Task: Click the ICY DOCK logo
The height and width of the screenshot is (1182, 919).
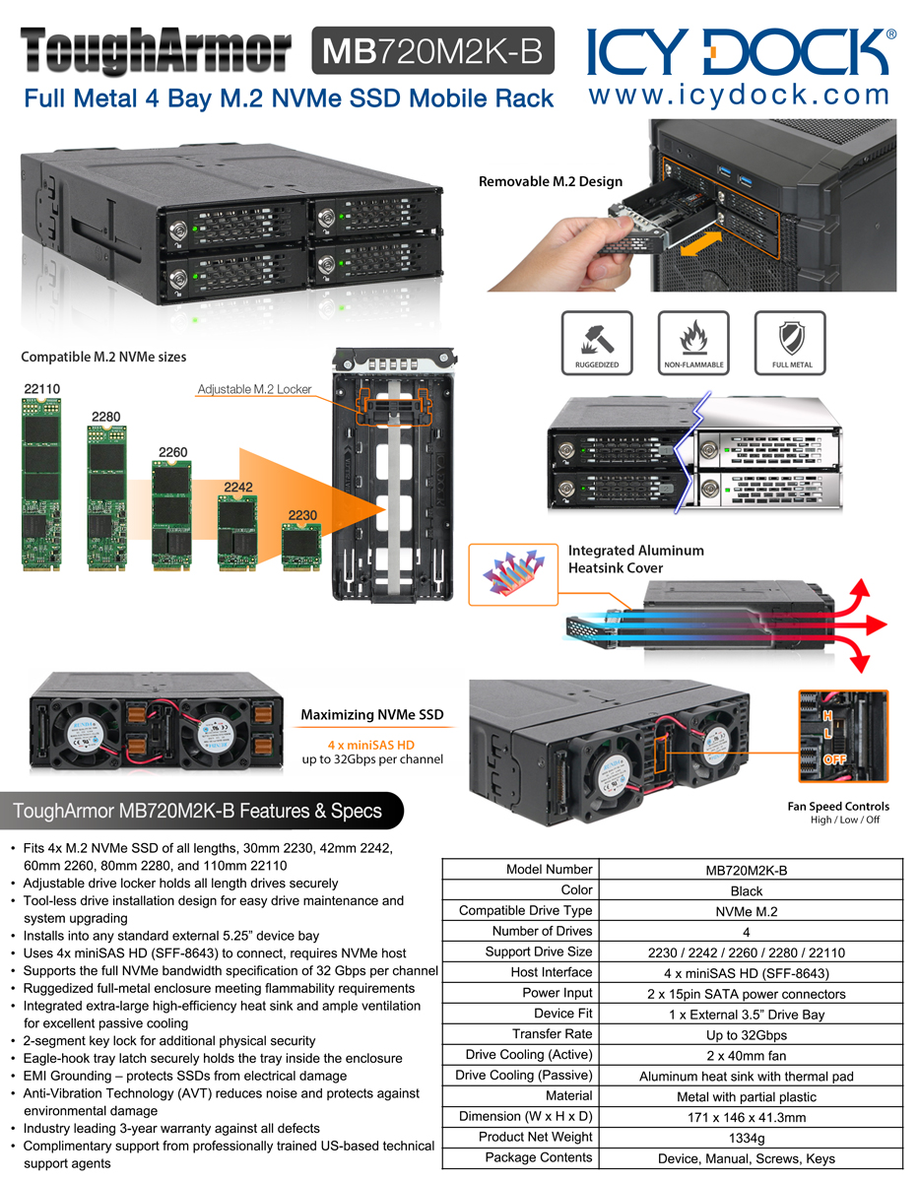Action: pyautogui.click(x=742, y=51)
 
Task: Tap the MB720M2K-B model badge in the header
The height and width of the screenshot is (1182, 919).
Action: pyautogui.click(x=432, y=51)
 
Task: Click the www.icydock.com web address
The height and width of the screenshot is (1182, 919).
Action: pyautogui.click(x=739, y=97)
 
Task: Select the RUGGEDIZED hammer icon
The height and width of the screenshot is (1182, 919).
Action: pyautogui.click(x=598, y=337)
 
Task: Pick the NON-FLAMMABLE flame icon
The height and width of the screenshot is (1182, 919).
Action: pyautogui.click(x=692, y=337)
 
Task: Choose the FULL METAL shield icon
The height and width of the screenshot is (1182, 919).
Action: pyautogui.click(x=789, y=337)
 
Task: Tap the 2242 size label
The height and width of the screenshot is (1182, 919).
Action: pyautogui.click(x=237, y=487)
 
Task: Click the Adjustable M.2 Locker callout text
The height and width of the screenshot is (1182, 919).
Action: pyautogui.click(x=254, y=389)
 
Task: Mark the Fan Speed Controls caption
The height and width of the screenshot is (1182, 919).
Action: pyautogui.click(x=838, y=806)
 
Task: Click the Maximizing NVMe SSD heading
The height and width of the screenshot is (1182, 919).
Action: pyautogui.click(x=371, y=714)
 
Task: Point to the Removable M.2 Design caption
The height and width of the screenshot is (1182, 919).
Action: pyautogui.click(x=551, y=181)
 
